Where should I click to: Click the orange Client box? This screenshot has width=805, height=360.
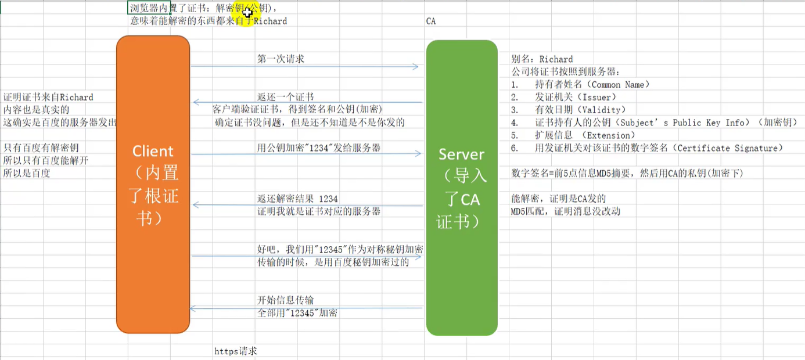pyautogui.click(x=153, y=184)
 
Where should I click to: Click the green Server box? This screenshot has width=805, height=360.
pyautogui.click(x=462, y=188)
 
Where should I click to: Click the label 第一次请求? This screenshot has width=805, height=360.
pyautogui.click(x=281, y=59)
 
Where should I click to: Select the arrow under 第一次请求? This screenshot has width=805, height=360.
pyautogui.click(x=304, y=67)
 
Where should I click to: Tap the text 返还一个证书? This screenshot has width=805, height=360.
pyautogui.click(x=285, y=97)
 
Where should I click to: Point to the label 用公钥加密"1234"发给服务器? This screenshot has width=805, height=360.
pyautogui.click(x=319, y=148)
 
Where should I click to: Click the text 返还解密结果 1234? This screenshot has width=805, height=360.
pyautogui.click(x=297, y=199)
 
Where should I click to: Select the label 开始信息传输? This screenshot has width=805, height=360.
pyautogui.click(x=285, y=300)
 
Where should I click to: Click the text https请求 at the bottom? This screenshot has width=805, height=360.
pyautogui.click(x=235, y=351)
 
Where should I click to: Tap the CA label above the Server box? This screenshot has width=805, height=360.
pyautogui.click(x=430, y=21)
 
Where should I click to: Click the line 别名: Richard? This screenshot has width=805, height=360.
pyautogui.click(x=541, y=59)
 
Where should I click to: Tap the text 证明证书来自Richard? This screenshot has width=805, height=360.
pyautogui.click(x=48, y=98)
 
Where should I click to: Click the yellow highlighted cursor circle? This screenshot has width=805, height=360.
pyautogui.click(x=246, y=10)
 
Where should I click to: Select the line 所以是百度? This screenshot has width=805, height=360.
pyautogui.click(x=27, y=173)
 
